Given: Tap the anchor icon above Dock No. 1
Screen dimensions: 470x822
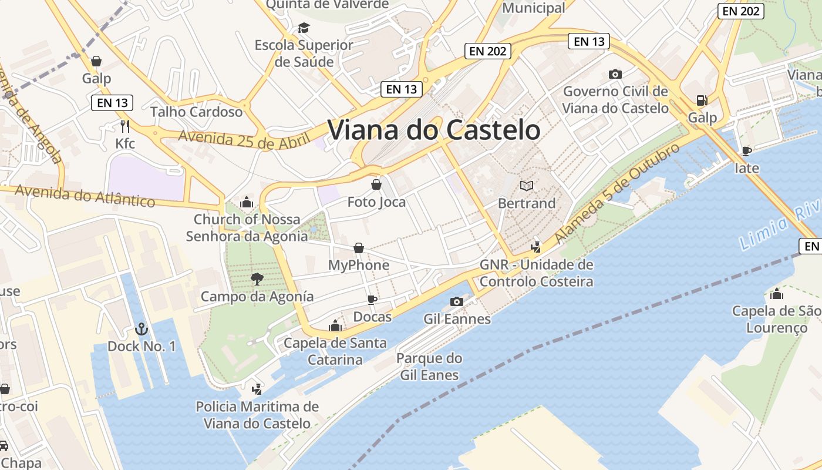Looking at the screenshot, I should tap(141, 329).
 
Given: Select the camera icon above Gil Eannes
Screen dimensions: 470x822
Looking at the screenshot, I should tap(456, 301).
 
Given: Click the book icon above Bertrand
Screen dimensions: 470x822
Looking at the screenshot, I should tap(527, 186).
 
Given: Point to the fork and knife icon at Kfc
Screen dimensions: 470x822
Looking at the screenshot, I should tap(124, 126).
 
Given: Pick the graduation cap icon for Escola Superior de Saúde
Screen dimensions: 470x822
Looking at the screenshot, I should tap(304, 28).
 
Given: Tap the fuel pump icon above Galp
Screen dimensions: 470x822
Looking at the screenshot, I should tap(702, 100).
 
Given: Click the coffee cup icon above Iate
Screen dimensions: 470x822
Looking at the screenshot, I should tap(747, 151).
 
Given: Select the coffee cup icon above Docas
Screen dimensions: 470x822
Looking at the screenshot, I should tap(372, 300).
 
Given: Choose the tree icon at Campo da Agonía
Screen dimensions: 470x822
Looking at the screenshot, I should tap(257, 279).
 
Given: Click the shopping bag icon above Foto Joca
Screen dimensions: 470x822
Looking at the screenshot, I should tap(376, 185).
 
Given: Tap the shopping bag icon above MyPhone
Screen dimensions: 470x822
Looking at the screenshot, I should tap(359, 248).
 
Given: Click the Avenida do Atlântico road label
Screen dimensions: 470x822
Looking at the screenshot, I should tap(85, 196).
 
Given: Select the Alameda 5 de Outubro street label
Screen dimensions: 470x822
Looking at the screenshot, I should tap(617, 193).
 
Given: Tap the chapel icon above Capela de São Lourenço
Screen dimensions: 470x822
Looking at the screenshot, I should tap(777, 294).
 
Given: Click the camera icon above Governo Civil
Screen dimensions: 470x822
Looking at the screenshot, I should tap(615, 74).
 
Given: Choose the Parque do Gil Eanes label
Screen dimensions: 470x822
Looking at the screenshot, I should tap(429, 367).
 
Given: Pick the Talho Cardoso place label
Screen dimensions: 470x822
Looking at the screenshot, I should tap(196, 112).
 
